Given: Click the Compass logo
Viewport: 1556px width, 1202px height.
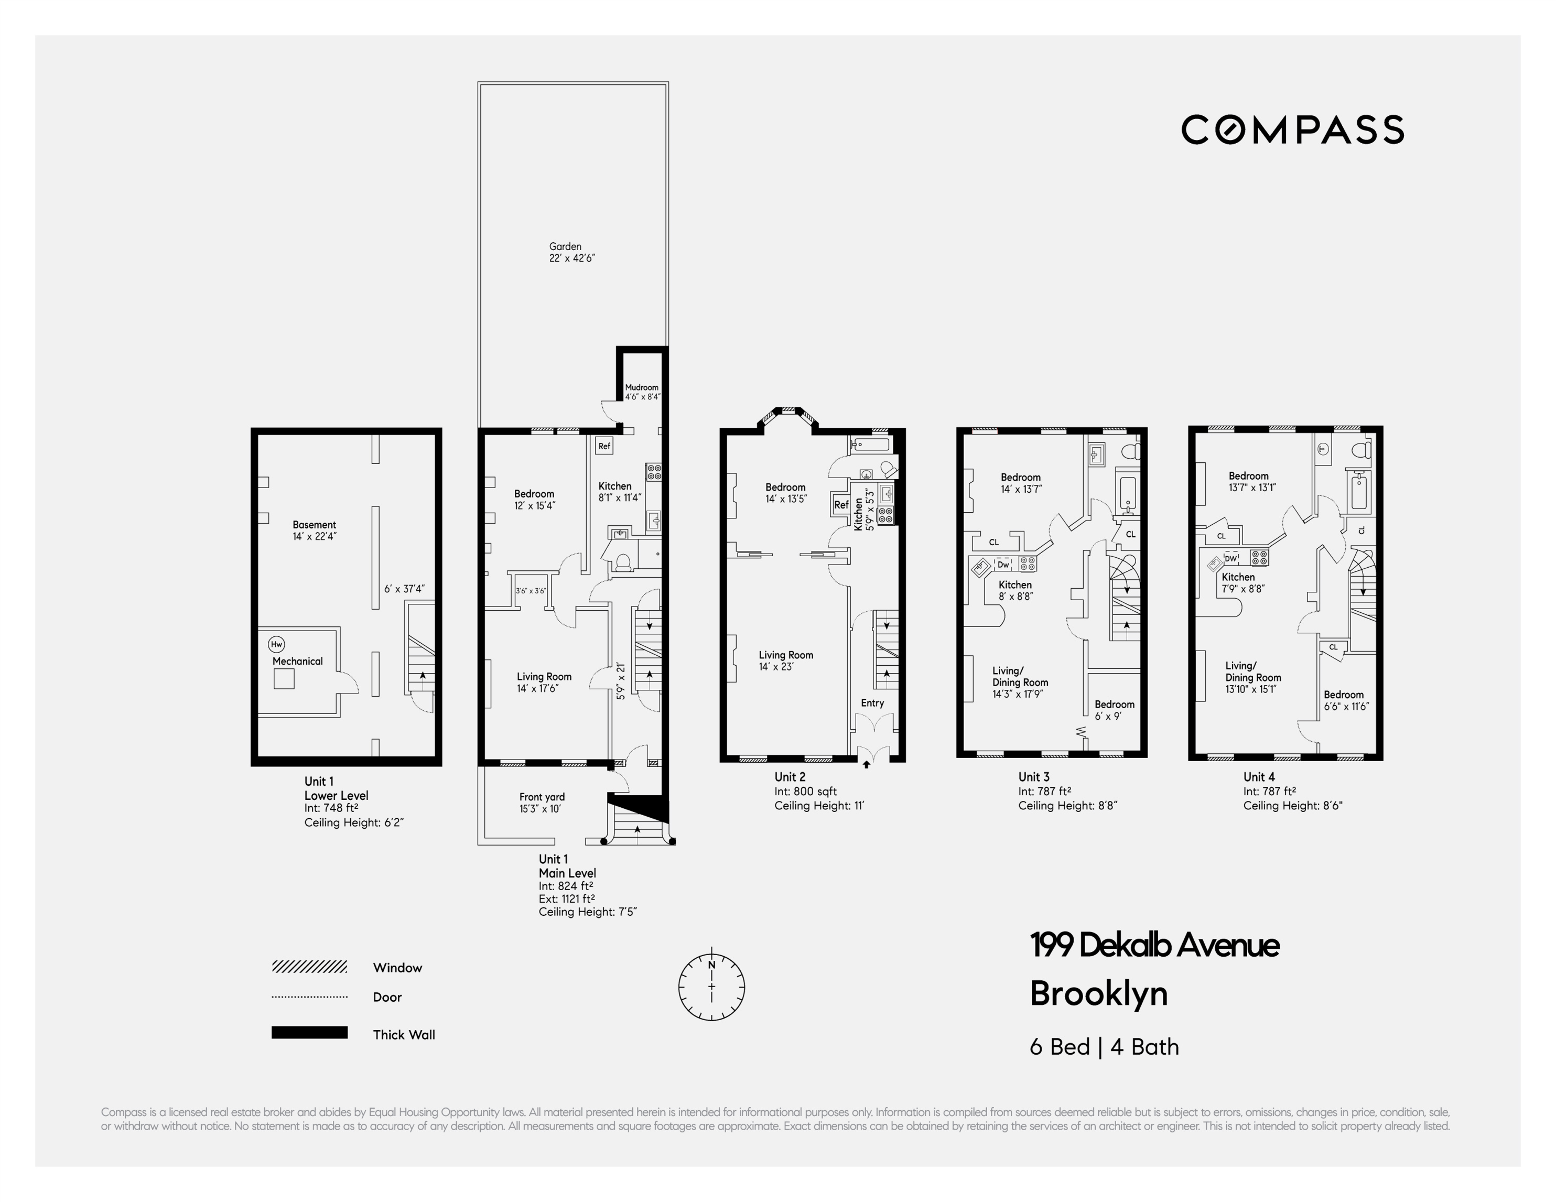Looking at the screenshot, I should (x=1292, y=129).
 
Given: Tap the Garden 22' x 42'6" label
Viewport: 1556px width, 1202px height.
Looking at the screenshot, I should (x=571, y=252).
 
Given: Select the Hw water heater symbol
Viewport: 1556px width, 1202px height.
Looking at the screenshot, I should (x=276, y=644).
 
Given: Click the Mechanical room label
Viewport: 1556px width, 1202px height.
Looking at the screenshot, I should (x=297, y=661).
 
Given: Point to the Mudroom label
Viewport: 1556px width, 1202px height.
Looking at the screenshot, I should (x=642, y=391).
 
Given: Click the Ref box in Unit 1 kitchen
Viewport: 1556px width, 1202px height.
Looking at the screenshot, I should (x=604, y=446).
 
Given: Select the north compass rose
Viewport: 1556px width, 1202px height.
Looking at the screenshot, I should (x=711, y=987).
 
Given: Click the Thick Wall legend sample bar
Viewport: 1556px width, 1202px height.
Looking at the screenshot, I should (x=309, y=1033).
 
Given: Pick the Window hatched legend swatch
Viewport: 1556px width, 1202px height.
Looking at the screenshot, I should (x=309, y=967).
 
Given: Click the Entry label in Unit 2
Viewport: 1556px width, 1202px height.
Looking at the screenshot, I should (x=872, y=702).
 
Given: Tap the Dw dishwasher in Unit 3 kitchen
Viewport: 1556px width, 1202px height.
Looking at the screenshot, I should (x=1003, y=565).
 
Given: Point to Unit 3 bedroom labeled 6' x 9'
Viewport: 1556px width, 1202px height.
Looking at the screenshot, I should (x=1114, y=710).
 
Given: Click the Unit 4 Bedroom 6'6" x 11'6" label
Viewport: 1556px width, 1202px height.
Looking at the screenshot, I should (x=1346, y=700).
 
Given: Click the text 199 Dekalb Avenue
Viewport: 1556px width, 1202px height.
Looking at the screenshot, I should (x=1154, y=946).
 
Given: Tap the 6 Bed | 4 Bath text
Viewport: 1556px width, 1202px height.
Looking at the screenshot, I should (x=1104, y=1047).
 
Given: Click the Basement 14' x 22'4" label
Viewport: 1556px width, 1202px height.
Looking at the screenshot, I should (x=314, y=530).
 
